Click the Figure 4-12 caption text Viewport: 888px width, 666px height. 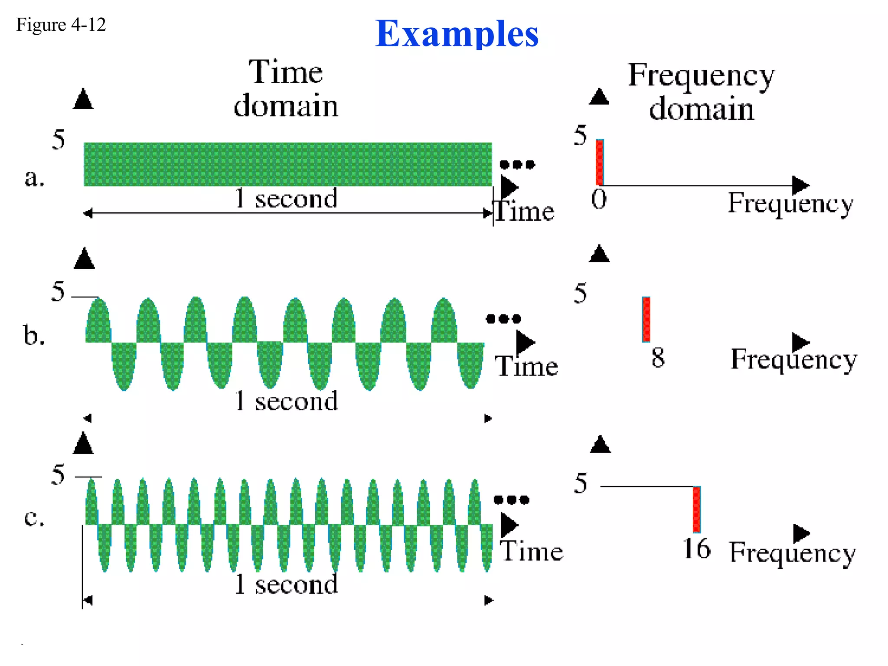click(61, 25)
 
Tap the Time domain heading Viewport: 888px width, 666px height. click(286, 88)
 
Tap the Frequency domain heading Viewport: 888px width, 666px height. click(701, 91)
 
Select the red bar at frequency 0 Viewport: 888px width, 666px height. click(600, 162)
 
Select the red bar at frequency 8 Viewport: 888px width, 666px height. click(646, 320)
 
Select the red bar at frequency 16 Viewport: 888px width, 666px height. click(696, 509)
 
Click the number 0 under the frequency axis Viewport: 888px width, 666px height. click(599, 199)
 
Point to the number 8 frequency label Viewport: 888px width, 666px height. click(658, 358)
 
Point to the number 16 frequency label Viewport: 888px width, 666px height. click(696, 549)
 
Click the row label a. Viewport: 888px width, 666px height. click(34, 178)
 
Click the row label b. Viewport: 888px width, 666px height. click(34, 336)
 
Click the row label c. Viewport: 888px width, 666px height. click(34, 517)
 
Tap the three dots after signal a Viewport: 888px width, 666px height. click(517, 164)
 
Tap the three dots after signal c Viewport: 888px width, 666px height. click(512, 500)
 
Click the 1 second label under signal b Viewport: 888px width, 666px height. click(286, 401)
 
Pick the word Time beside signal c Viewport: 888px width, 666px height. click(532, 552)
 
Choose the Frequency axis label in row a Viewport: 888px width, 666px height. click(790, 203)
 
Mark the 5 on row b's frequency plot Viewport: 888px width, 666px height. click(580, 293)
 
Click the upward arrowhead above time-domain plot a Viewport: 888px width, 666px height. click(83, 99)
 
